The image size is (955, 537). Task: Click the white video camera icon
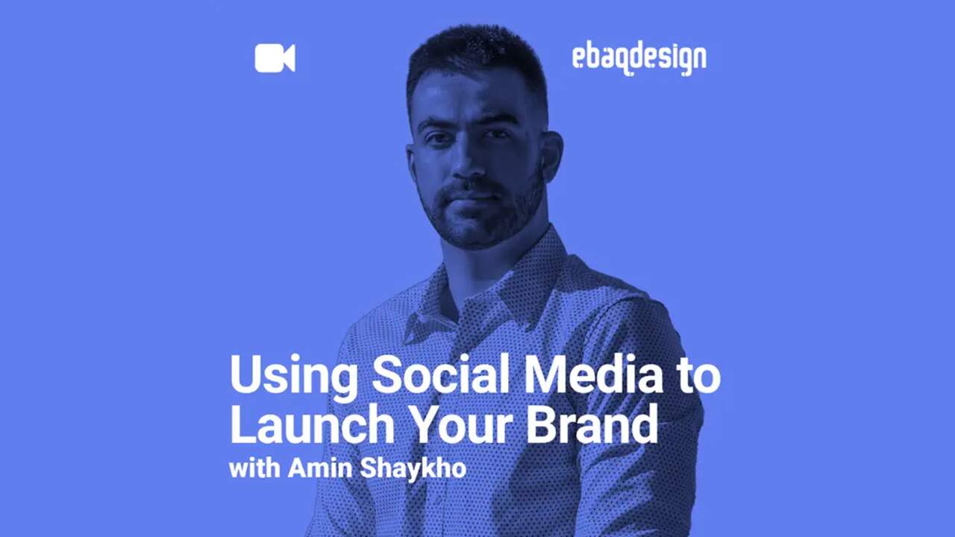(275, 58)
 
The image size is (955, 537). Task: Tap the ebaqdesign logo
(639, 60)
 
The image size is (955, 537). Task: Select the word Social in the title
(441, 374)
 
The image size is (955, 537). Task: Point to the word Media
(593, 374)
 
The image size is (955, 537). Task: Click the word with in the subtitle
(255, 468)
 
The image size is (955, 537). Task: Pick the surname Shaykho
(413, 469)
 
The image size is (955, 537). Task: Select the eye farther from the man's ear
(436, 139)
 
